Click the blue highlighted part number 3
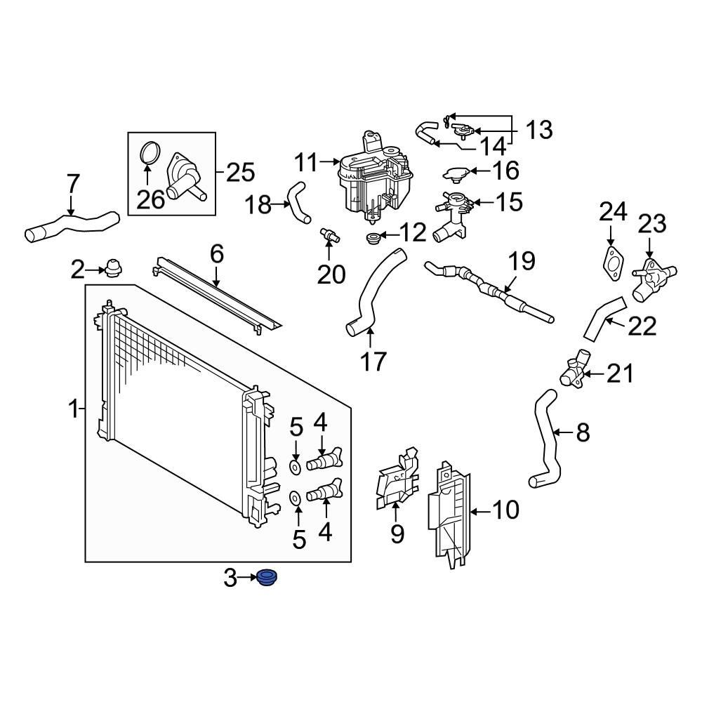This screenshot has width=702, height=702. click(266, 579)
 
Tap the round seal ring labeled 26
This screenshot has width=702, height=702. click(149, 153)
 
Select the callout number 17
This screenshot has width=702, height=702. click(373, 361)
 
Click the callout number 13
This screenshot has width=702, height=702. click(538, 130)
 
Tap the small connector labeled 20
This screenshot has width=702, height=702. click(329, 236)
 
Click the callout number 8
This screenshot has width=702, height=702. click(583, 433)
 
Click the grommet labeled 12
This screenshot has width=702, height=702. click(373, 239)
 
